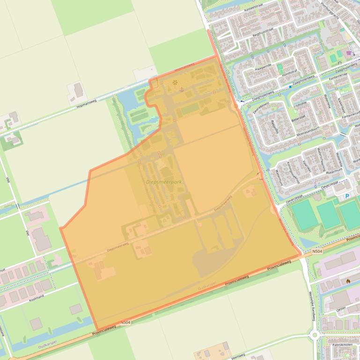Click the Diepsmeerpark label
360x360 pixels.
point(163,182)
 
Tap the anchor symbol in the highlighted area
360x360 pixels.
point(182,89)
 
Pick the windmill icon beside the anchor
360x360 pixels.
point(175,84)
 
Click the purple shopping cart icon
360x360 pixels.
point(349,53)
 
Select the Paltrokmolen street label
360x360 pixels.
point(345,345)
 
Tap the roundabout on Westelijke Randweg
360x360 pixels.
point(314,334)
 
